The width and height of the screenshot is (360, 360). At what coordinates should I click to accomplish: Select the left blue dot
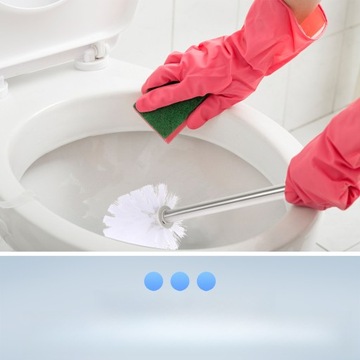coord(153,281)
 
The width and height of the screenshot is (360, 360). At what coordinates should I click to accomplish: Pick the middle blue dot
coord(179,281)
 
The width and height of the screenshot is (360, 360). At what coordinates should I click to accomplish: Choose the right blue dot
coord(205,281)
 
